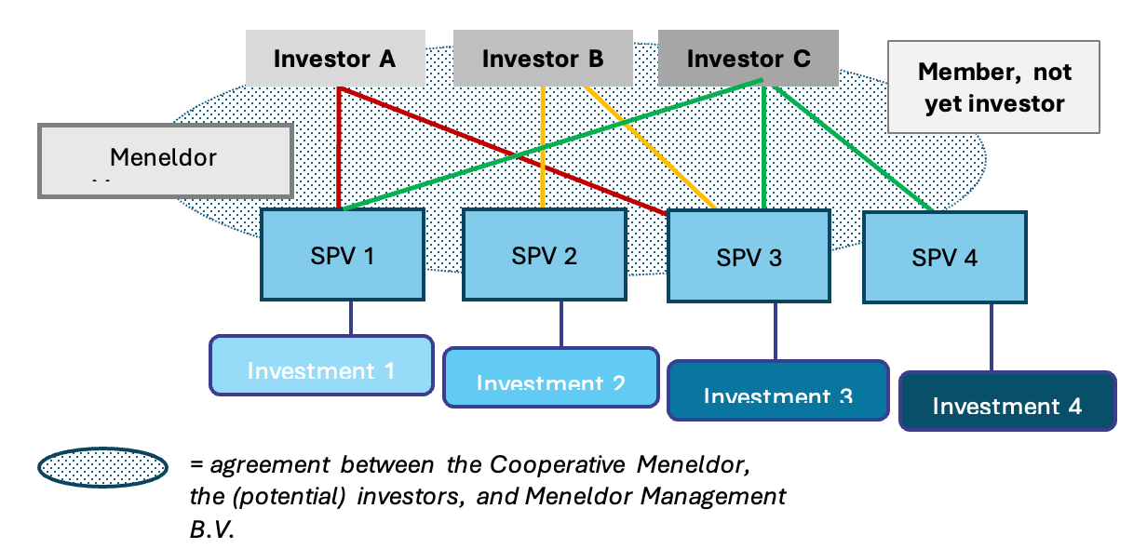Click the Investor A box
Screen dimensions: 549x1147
click(335, 59)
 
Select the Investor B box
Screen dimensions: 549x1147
click(543, 59)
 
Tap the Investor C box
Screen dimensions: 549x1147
click(749, 59)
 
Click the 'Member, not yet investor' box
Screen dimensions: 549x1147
click(994, 87)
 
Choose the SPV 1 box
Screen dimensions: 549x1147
click(343, 254)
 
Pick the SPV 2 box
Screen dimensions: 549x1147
click(545, 254)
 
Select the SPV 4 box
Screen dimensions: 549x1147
click(945, 258)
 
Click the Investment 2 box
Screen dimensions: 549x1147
click(550, 378)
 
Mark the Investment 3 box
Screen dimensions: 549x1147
click(777, 391)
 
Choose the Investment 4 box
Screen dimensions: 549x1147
click(1007, 401)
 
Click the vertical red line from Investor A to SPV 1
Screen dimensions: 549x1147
click(339, 149)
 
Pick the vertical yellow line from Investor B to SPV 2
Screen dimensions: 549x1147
click(543, 149)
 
